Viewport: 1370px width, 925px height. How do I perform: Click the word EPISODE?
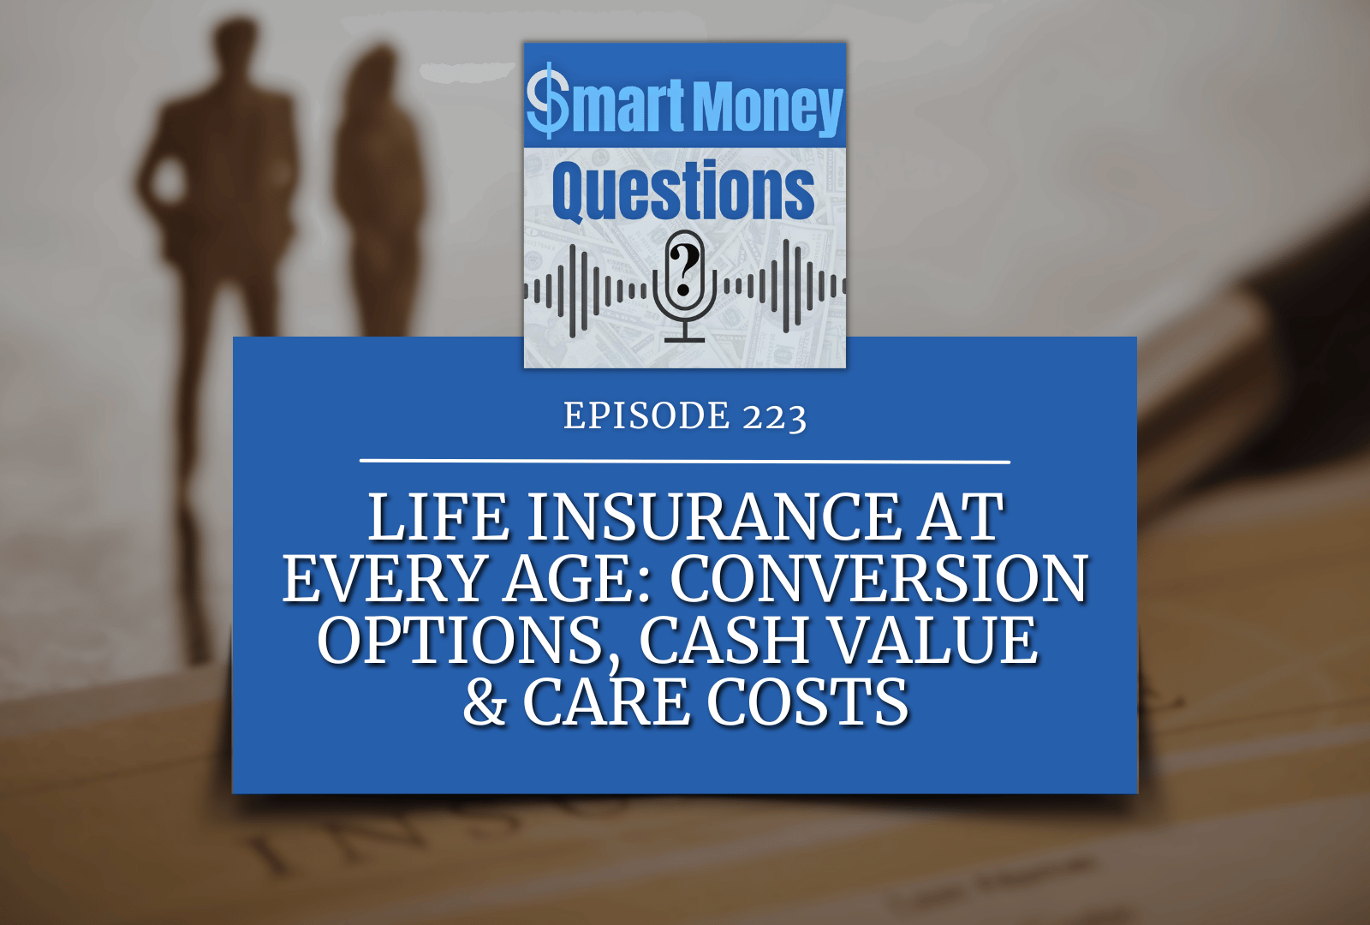click(x=646, y=416)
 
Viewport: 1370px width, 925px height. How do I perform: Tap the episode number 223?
click(x=775, y=417)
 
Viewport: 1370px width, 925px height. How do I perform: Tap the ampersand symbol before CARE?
click(x=485, y=702)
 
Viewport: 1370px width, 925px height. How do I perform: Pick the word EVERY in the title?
click(x=384, y=579)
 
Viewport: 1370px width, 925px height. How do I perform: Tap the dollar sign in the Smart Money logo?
click(x=547, y=104)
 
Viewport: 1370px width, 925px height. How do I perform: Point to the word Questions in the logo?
click(x=683, y=191)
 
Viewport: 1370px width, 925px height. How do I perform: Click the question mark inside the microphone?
click(x=684, y=269)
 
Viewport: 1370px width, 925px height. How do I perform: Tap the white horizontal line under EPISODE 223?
click(x=685, y=462)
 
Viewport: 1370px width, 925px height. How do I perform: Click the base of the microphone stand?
click(x=684, y=340)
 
